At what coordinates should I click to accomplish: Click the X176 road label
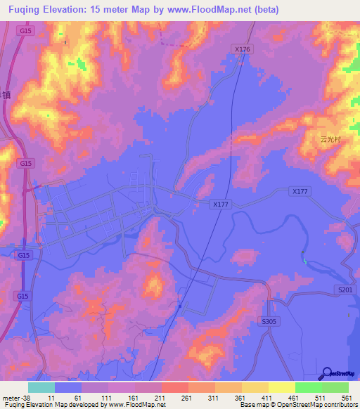[x=242, y=49]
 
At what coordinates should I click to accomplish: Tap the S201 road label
[x=344, y=290]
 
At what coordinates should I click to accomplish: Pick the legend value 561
[x=347, y=398]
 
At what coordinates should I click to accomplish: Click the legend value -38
[x=27, y=398]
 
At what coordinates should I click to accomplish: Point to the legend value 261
[x=186, y=398]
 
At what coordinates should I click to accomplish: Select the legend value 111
[x=106, y=398]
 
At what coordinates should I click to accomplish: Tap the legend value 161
[x=133, y=398]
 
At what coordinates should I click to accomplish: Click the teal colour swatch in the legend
[x=41, y=387]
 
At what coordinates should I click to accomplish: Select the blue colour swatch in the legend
[x=68, y=387]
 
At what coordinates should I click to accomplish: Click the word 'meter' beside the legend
[x=10, y=398]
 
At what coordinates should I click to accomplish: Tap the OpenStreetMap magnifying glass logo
[x=327, y=373]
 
